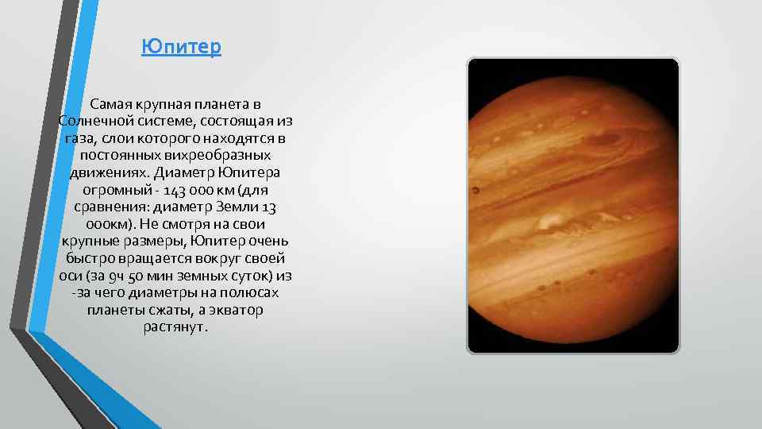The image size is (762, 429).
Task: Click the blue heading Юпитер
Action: (x=181, y=48)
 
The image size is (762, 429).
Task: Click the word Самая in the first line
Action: (x=110, y=104)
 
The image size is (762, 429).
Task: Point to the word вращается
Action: (x=156, y=259)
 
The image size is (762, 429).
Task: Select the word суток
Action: (x=253, y=276)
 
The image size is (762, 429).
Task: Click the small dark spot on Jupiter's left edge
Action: (x=475, y=191)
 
